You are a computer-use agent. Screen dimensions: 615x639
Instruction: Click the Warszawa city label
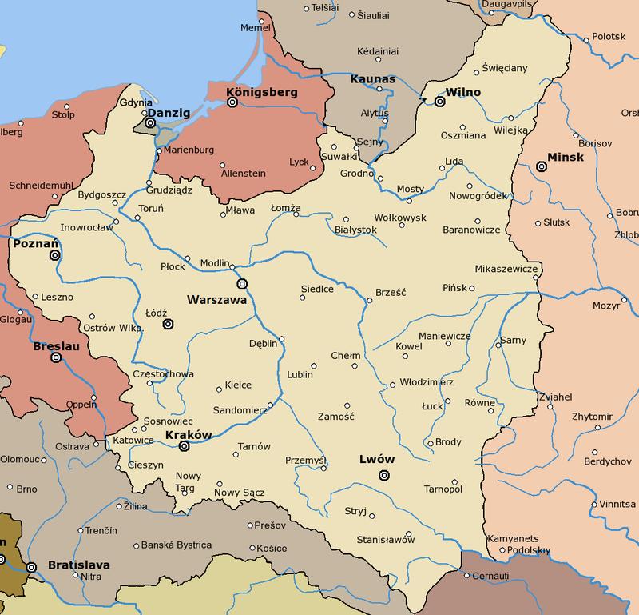click(216, 301)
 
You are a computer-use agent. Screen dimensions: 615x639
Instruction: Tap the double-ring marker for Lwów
click(384, 475)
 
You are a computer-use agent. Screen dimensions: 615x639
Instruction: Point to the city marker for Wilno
click(439, 102)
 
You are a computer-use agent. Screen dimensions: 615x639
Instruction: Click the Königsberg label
click(262, 92)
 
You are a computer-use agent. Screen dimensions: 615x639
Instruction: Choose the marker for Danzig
click(149, 123)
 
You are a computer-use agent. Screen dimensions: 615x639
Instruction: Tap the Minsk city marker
click(542, 166)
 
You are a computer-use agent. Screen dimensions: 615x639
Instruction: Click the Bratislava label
click(78, 565)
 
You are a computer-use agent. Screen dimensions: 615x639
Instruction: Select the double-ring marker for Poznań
click(54, 255)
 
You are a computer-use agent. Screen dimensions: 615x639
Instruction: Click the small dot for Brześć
click(369, 301)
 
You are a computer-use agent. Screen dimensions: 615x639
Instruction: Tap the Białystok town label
click(355, 230)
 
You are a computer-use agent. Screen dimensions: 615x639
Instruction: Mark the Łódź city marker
click(168, 324)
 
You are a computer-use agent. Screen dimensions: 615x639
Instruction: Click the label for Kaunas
click(373, 80)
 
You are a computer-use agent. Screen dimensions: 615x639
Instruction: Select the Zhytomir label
click(591, 417)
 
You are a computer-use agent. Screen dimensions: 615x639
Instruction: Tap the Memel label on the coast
click(256, 27)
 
